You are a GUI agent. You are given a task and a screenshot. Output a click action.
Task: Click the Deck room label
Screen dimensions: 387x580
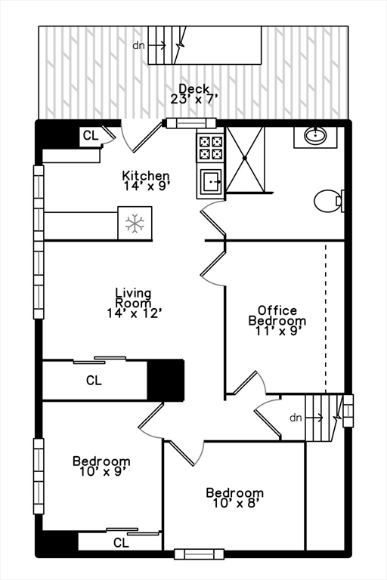pyautogui.click(x=193, y=89)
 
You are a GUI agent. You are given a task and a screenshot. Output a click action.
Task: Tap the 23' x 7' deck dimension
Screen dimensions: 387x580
pyautogui.click(x=193, y=99)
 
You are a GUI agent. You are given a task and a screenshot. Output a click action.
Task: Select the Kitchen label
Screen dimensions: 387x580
pyautogui.click(x=146, y=175)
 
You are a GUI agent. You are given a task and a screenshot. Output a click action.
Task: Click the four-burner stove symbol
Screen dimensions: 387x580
pyautogui.click(x=211, y=148)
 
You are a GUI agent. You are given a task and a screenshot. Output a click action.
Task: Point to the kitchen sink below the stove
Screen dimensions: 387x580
pyautogui.click(x=211, y=181)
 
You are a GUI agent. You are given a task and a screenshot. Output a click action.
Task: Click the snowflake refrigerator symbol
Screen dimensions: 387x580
pyautogui.click(x=135, y=223)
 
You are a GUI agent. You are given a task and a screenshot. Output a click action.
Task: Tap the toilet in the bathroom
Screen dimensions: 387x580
pyautogui.click(x=330, y=201)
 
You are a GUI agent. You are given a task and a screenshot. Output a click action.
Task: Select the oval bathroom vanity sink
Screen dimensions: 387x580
pyautogui.click(x=315, y=136)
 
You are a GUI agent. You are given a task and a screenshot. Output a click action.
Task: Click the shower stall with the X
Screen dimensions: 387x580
pyautogui.click(x=245, y=159)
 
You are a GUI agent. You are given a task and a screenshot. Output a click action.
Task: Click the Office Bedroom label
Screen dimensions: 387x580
pyautogui.click(x=277, y=315)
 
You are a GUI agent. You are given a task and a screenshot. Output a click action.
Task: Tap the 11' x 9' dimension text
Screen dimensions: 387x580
pyautogui.click(x=277, y=331)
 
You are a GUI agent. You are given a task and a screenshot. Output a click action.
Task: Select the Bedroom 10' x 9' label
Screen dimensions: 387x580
pyautogui.click(x=101, y=466)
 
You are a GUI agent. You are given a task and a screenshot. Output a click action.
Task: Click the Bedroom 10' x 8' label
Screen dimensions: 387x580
pyautogui.click(x=235, y=498)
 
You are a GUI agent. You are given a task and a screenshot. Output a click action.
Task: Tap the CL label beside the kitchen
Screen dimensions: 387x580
pyautogui.click(x=91, y=136)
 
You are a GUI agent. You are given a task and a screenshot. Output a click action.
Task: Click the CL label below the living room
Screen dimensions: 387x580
pyautogui.click(x=94, y=381)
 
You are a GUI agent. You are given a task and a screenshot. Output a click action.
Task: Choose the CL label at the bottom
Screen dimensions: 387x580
pyautogui.click(x=121, y=543)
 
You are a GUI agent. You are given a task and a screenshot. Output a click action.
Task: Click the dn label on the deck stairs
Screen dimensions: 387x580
pyautogui.click(x=138, y=45)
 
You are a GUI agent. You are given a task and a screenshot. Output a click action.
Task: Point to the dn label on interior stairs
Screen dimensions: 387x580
pyautogui.click(x=296, y=418)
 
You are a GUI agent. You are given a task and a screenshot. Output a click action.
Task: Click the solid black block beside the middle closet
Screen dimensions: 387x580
pyautogui.click(x=166, y=380)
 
